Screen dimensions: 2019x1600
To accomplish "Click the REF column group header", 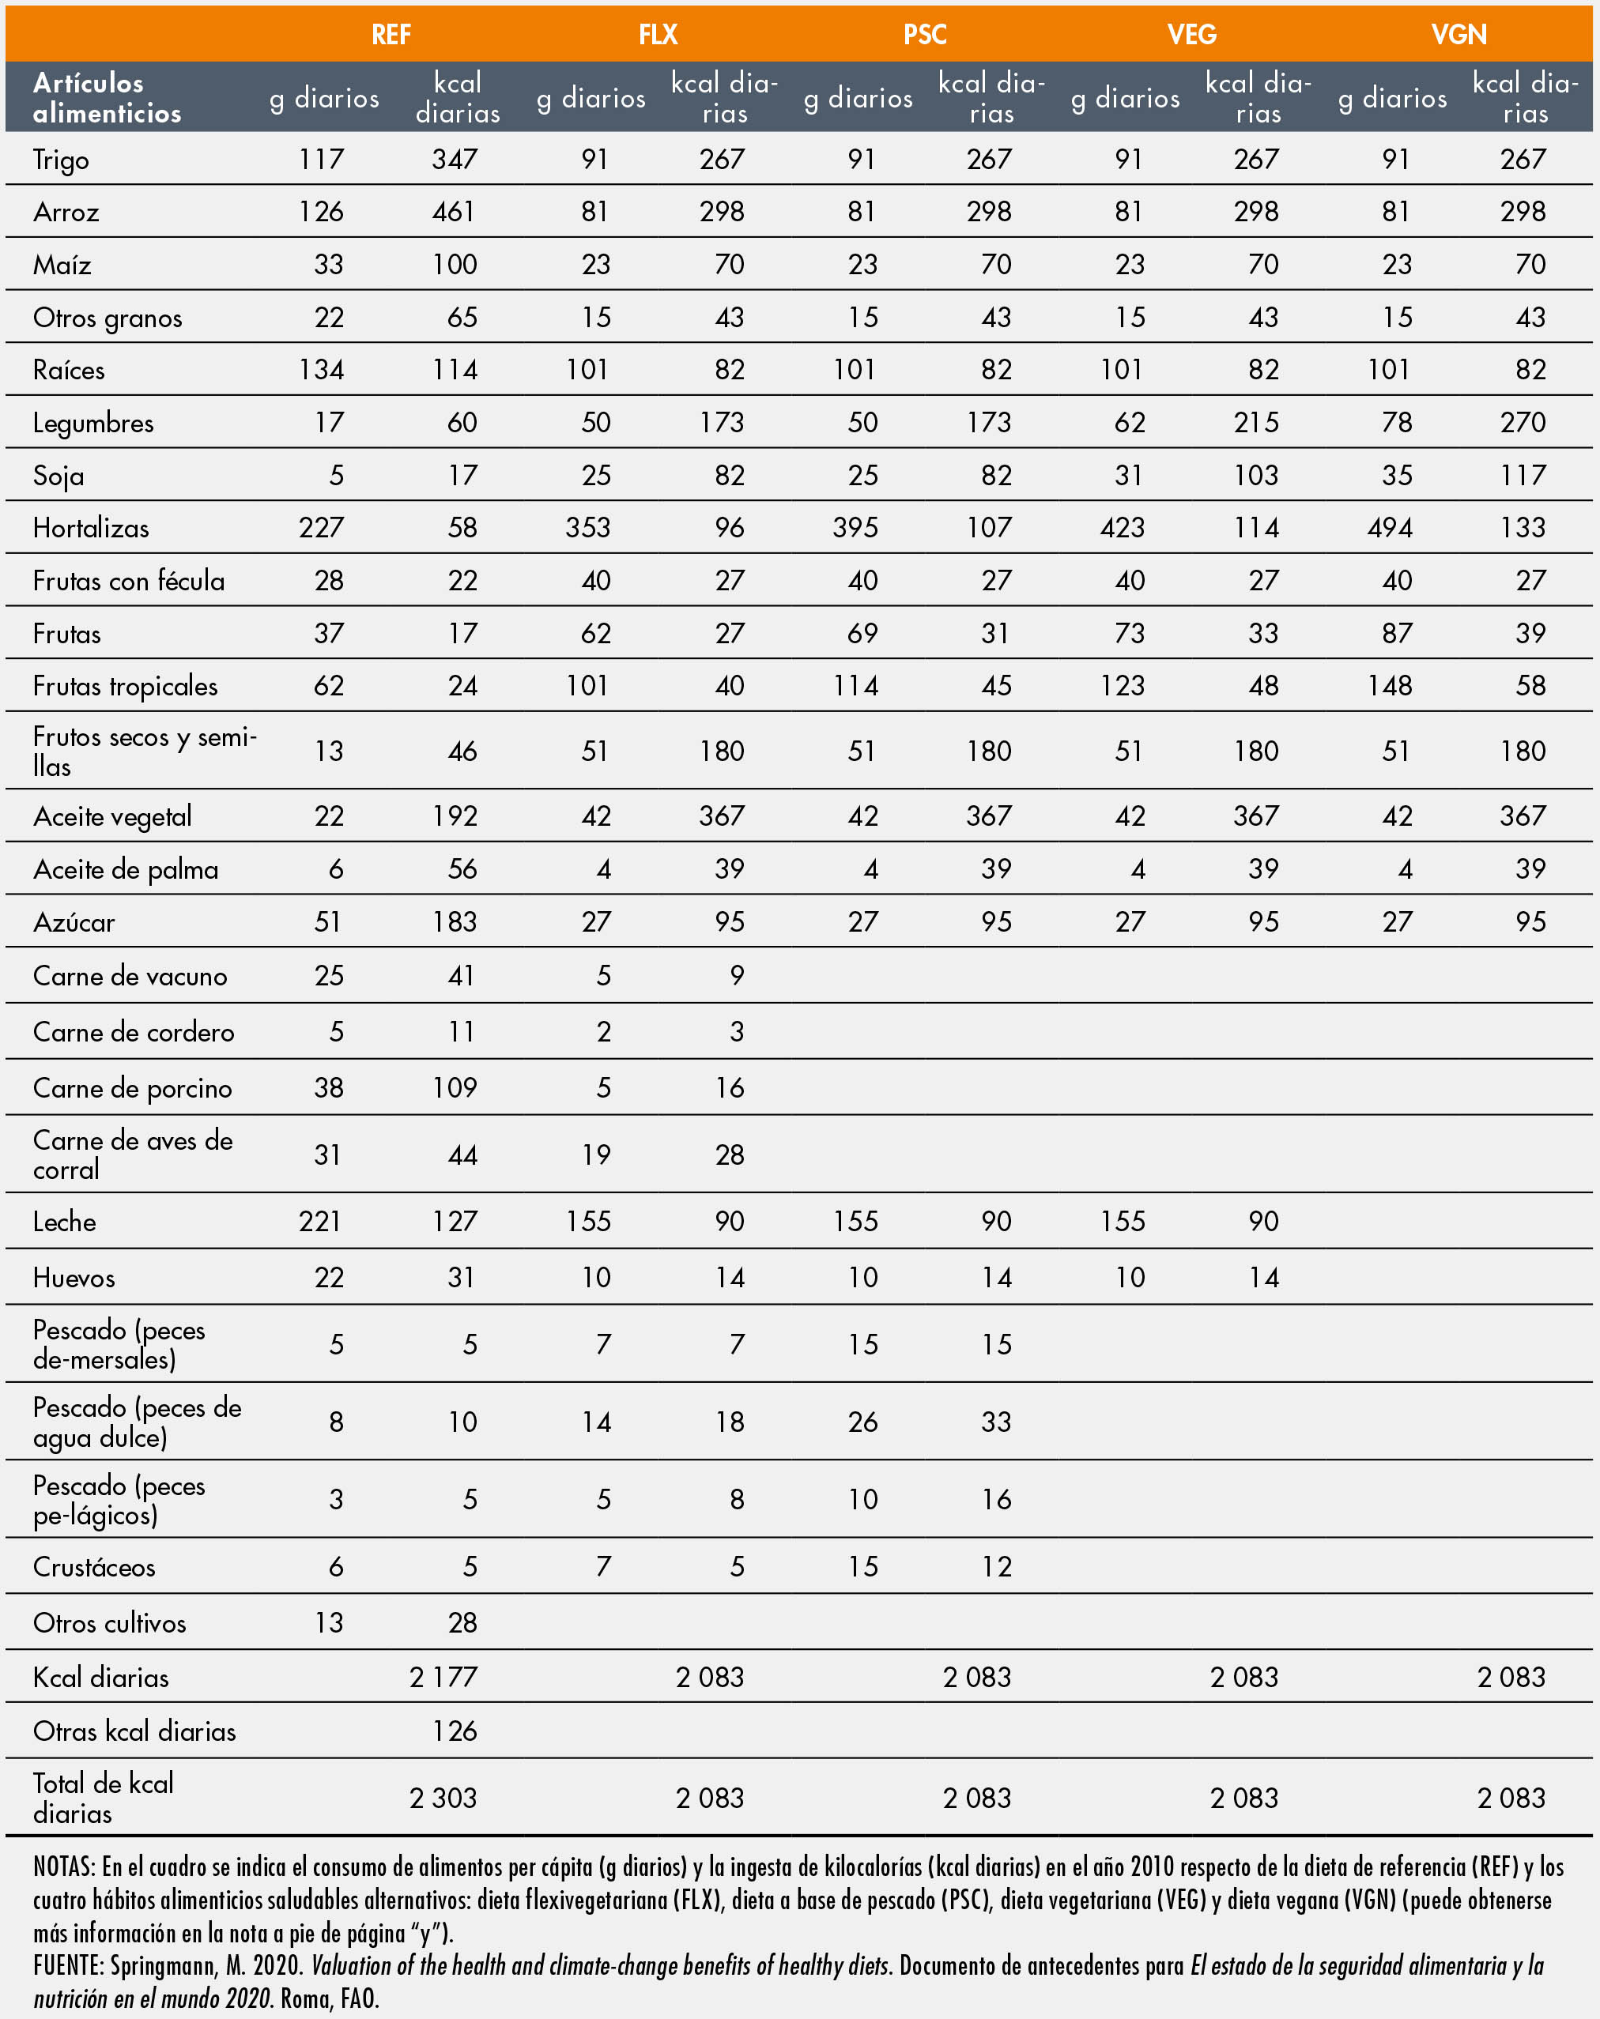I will tap(391, 35).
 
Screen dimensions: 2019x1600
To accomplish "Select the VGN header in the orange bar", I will tap(1458, 35).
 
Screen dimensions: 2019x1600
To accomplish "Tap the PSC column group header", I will tap(925, 35).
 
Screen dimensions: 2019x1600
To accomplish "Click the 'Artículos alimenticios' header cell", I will tap(107, 97).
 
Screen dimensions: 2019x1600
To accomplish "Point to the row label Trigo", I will tap(61, 160).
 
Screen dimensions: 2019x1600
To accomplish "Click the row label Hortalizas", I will tap(91, 528).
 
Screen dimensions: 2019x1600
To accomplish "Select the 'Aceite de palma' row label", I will tap(126, 870).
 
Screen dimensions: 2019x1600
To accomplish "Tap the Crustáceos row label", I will tap(94, 1567).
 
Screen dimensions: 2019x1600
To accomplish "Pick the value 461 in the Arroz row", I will tap(455, 212).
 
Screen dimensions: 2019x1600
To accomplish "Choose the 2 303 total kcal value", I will tap(443, 1798).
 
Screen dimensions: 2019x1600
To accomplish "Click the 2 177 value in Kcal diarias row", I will tap(443, 1677).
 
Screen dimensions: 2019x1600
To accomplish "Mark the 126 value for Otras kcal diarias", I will tap(455, 1731).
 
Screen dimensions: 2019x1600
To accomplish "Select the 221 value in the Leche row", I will tap(320, 1221).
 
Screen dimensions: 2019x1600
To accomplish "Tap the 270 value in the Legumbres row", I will tap(1523, 422).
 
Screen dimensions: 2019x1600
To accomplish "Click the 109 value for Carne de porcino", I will tap(455, 1087).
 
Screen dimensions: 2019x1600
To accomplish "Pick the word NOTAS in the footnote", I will tap(64, 1867).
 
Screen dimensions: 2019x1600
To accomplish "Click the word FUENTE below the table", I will tap(67, 1965).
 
